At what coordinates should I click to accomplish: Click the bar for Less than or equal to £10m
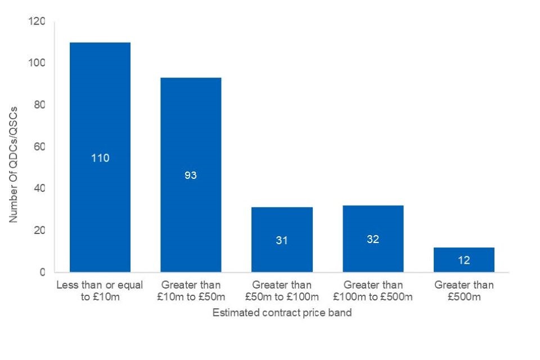100,112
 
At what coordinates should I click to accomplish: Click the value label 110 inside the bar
100,158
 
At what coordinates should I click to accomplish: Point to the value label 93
191,175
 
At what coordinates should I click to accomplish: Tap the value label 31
282,240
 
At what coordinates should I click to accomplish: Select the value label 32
373,239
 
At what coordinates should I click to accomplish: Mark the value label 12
464,260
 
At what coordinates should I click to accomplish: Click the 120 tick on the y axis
38,21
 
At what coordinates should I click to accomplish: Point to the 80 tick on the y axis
40,105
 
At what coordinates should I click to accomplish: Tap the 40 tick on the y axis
40,188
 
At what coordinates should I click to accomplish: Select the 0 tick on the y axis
42,272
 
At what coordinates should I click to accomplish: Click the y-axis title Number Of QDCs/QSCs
13,163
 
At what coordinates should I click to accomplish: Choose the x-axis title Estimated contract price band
282,313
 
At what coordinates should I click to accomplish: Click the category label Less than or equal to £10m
100,290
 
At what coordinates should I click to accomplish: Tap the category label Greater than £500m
464,290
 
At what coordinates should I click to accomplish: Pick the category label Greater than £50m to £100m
282,290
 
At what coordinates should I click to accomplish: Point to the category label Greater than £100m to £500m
373,290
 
